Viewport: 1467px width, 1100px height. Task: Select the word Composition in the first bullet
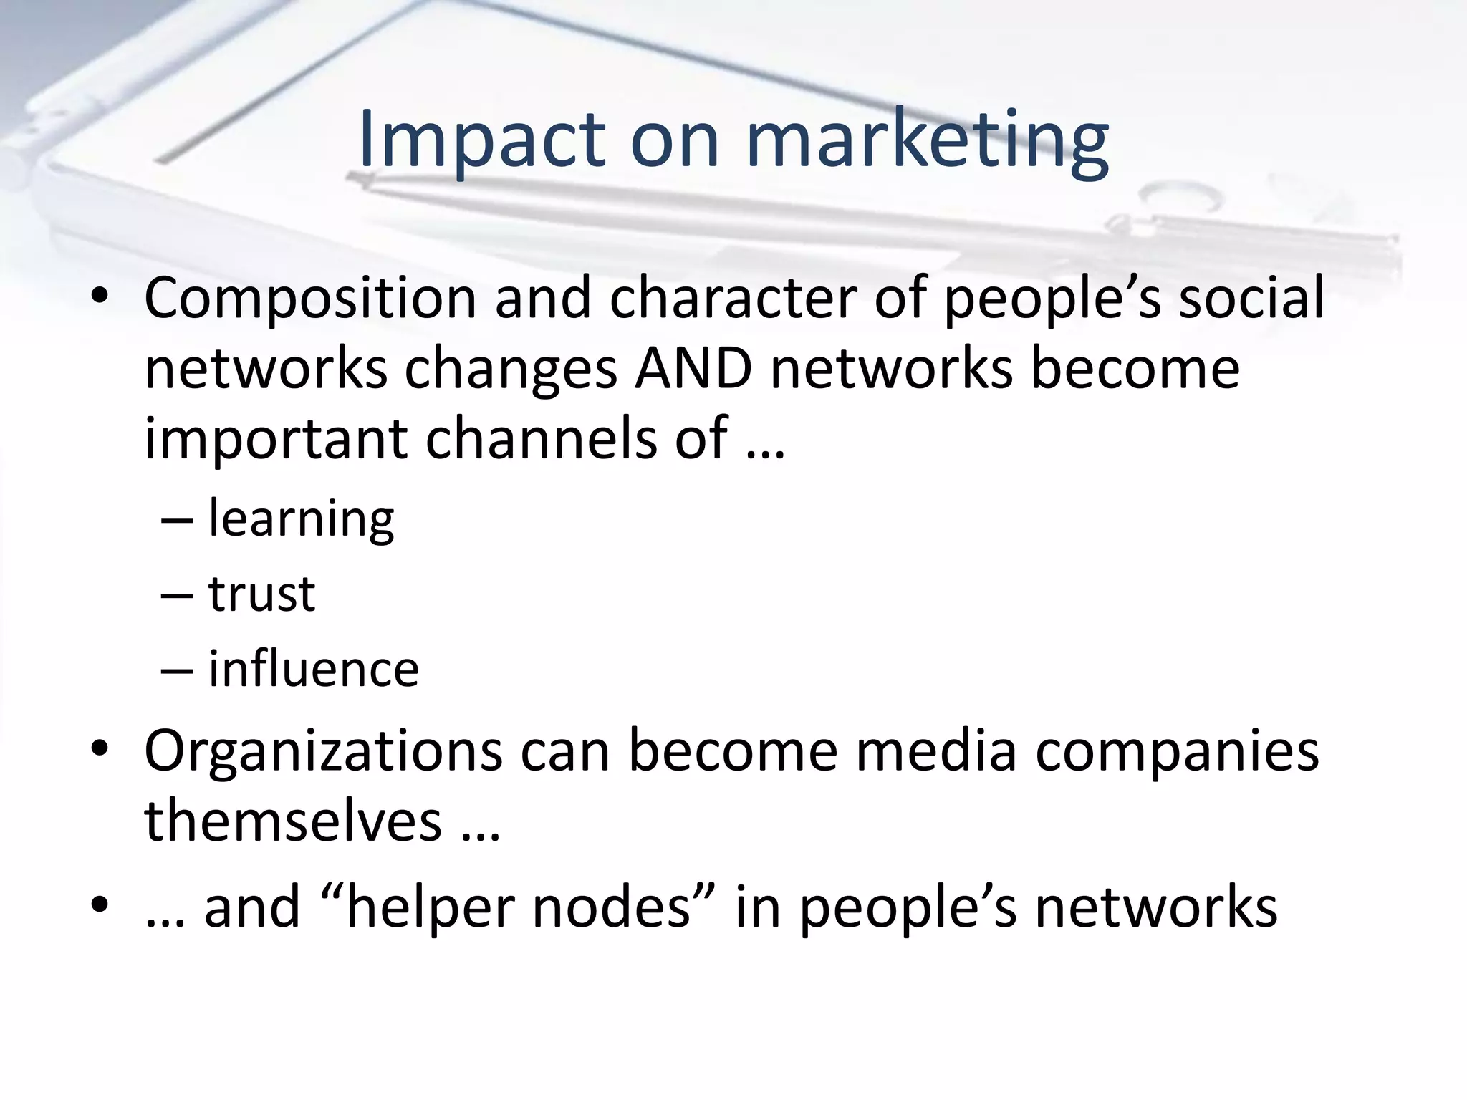tap(310, 299)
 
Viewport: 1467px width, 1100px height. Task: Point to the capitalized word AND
tap(693, 369)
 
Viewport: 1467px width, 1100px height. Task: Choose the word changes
tap(511, 369)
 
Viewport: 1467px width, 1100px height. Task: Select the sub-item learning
tap(301, 519)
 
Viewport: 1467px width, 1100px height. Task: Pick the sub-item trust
tap(261, 594)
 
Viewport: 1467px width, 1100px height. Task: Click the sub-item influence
tap(314, 670)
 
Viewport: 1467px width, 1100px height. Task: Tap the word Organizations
tap(323, 751)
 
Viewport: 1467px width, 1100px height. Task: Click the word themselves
tap(293, 821)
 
